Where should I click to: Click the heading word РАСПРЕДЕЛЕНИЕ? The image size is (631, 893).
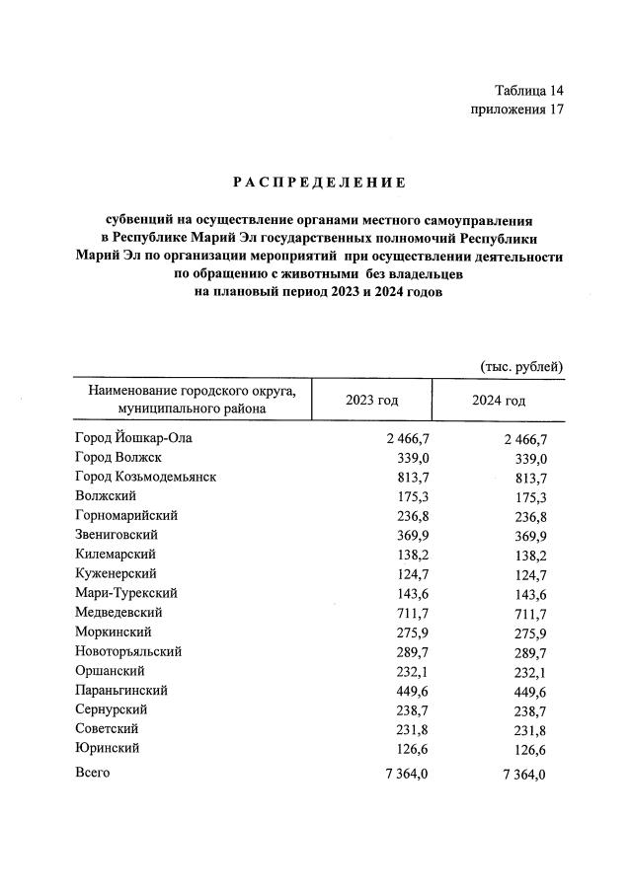(319, 183)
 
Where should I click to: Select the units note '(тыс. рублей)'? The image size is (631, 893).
(521, 367)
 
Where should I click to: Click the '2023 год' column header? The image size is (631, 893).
(371, 401)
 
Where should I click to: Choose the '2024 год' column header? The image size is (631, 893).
(499, 401)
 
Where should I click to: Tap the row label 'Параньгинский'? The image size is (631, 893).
(120, 691)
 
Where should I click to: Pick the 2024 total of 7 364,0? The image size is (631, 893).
(522, 774)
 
